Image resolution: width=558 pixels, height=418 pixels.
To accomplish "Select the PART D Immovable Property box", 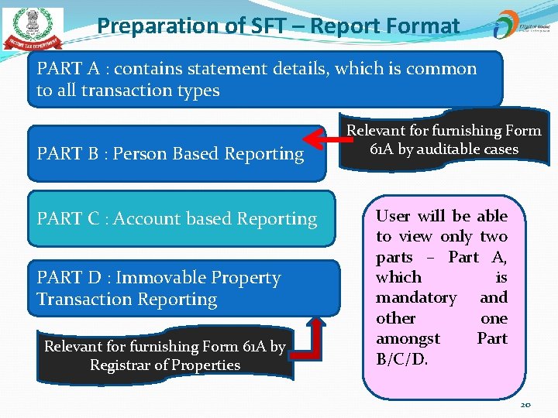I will pos(184,288).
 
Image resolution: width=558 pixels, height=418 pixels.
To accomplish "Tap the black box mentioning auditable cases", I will pos(443,140).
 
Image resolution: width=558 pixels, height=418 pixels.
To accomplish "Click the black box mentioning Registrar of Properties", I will pos(164,355).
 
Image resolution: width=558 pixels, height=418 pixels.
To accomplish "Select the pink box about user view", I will pos(442,286).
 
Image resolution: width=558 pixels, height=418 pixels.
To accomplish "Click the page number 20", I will pos(525,405).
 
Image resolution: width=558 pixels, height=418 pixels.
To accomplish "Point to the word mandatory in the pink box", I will pos(415,297).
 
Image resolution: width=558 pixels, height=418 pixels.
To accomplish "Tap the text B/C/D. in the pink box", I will pos(401,358).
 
